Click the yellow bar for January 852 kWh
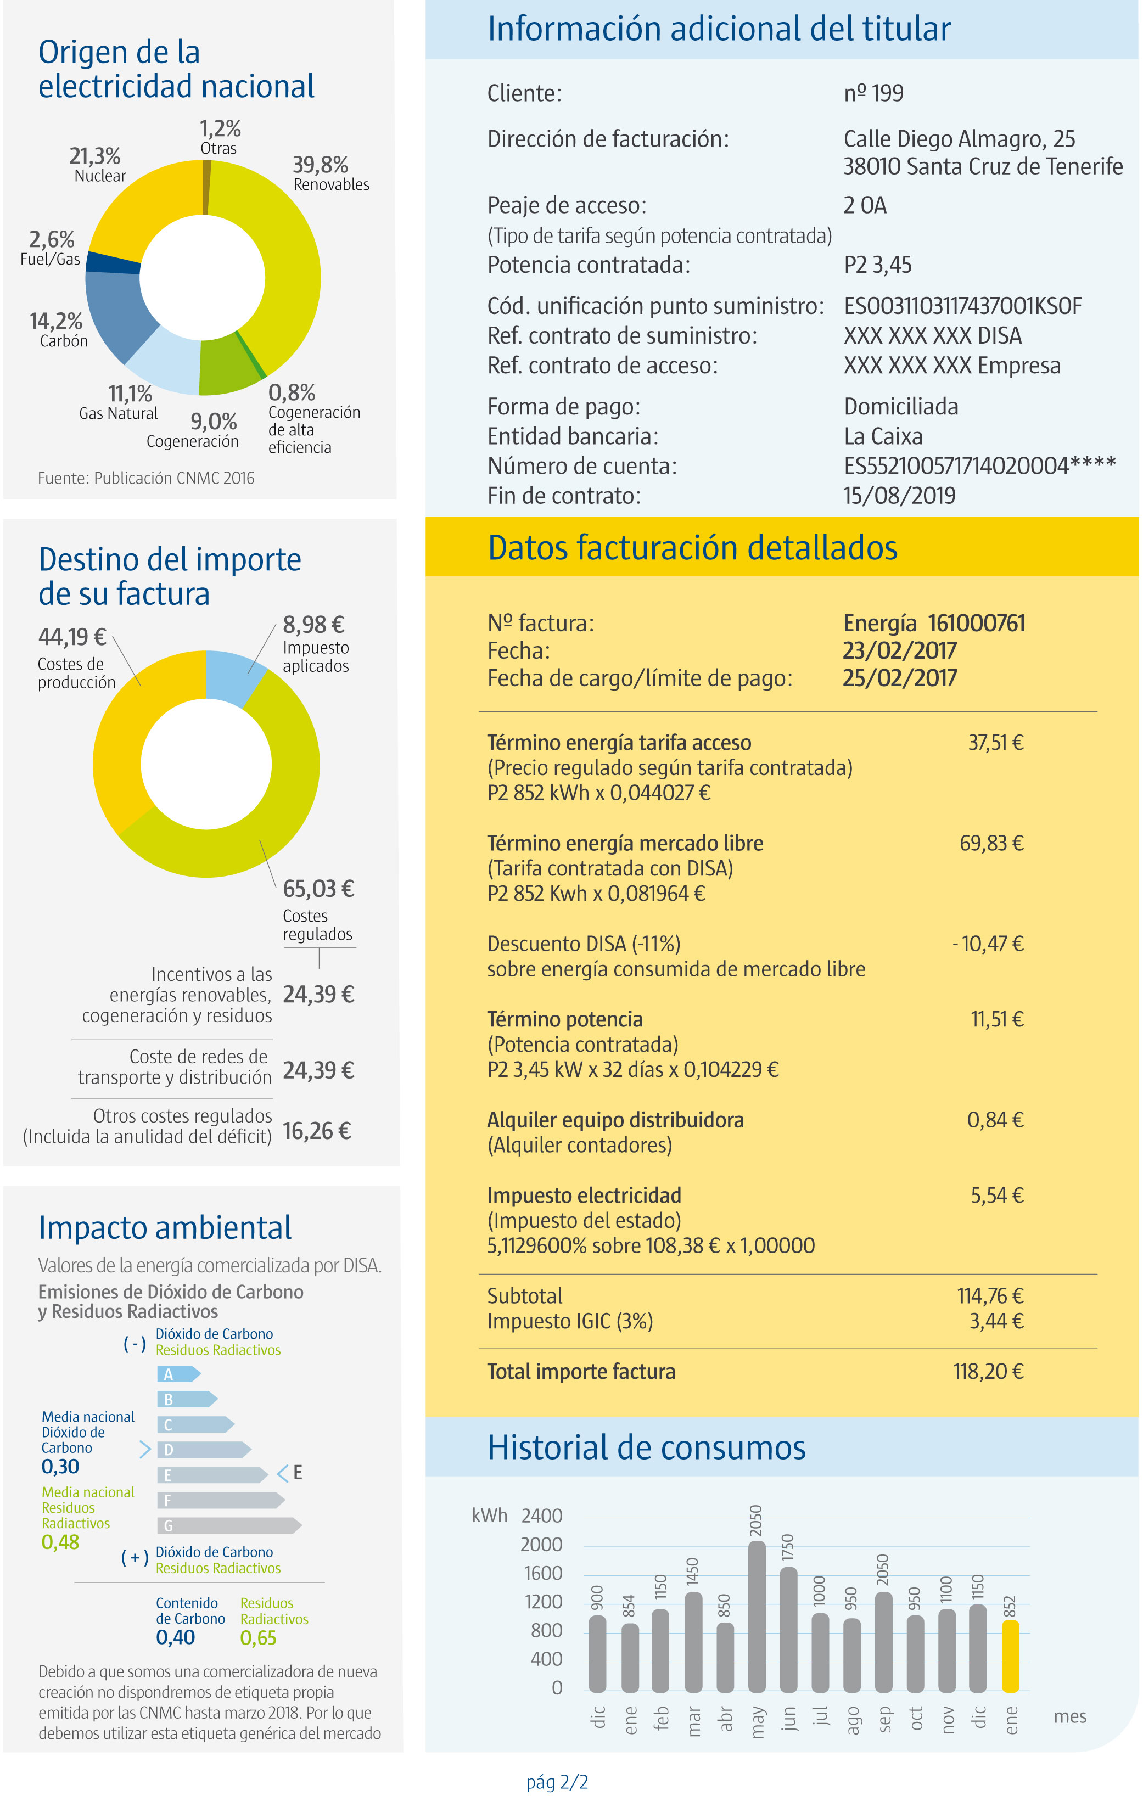click(x=1010, y=1656)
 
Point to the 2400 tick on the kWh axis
click(x=542, y=1516)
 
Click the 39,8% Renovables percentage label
click(x=320, y=165)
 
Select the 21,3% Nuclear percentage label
click(x=95, y=156)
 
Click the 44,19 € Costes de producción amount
click(x=72, y=637)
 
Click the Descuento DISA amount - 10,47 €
click(x=987, y=944)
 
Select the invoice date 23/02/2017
click(x=899, y=650)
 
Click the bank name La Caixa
click(x=883, y=436)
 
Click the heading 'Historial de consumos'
click(x=646, y=1447)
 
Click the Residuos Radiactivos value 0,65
click(x=258, y=1638)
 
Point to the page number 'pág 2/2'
click(x=557, y=1782)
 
